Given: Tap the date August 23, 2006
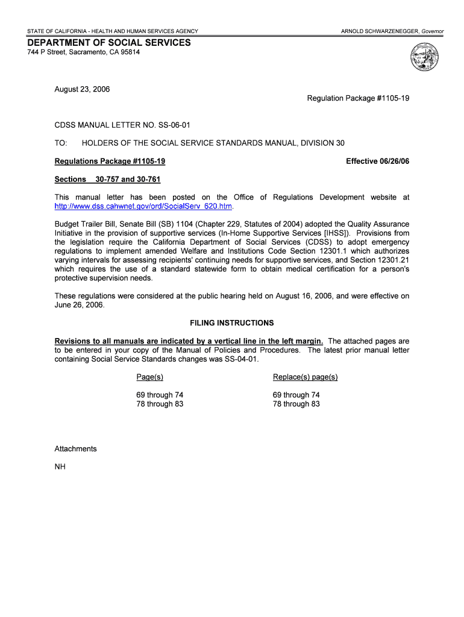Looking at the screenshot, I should click(82, 89).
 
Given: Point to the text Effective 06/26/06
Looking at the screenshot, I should click(377, 161).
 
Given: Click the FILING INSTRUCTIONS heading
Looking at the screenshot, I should click(232, 323).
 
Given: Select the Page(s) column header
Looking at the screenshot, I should click(150, 377).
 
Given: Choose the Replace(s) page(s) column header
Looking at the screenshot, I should click(305, 377).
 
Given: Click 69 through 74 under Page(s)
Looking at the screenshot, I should click(160, 395).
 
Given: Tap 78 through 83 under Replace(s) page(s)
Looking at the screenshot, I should click(296, 404).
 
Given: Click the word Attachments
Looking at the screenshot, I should click(75, 449).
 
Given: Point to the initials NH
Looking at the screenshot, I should click(60, 467).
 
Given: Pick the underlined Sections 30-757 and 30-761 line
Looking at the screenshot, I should click(107, 180).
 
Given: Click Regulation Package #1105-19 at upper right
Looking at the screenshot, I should click(358, 98).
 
